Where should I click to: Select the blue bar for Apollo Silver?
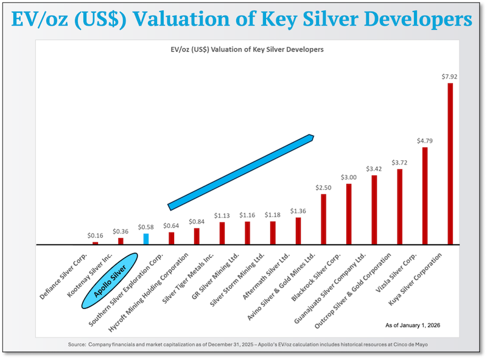point(146,239)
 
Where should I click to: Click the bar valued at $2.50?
point(323,219)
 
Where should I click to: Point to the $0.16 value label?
point(95,235)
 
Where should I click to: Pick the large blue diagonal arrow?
point(240,172)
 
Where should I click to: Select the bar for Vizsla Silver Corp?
point(425,196)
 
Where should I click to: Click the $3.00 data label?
point(348,177)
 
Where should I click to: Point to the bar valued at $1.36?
point(298,231)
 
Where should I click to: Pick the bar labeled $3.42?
point(374,210)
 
